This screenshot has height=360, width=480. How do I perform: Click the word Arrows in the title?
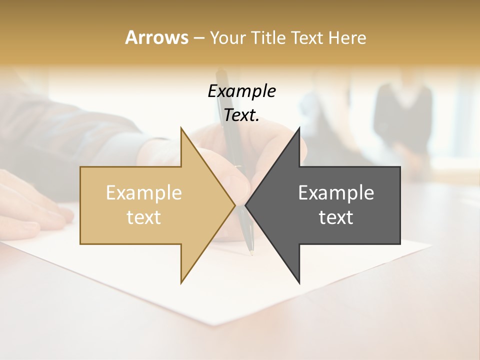click(x=156, y=37)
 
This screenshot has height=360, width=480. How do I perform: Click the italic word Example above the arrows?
click(x=241, y=91)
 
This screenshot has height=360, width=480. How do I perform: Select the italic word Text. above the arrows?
click(x=241, y=115)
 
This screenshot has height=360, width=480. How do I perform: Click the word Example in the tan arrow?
click(x=144, y=193)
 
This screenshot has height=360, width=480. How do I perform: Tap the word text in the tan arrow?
click(x=144, y=217)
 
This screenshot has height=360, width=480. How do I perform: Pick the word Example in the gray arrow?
click(x=336, y=193)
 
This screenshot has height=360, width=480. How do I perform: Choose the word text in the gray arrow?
click(x=336, y=217)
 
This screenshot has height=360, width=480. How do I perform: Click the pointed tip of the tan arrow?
click(x=234, y=205)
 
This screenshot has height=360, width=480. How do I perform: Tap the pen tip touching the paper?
click(x=251, y=254)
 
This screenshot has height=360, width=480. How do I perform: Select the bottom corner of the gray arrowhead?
click(x=299, y=282)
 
